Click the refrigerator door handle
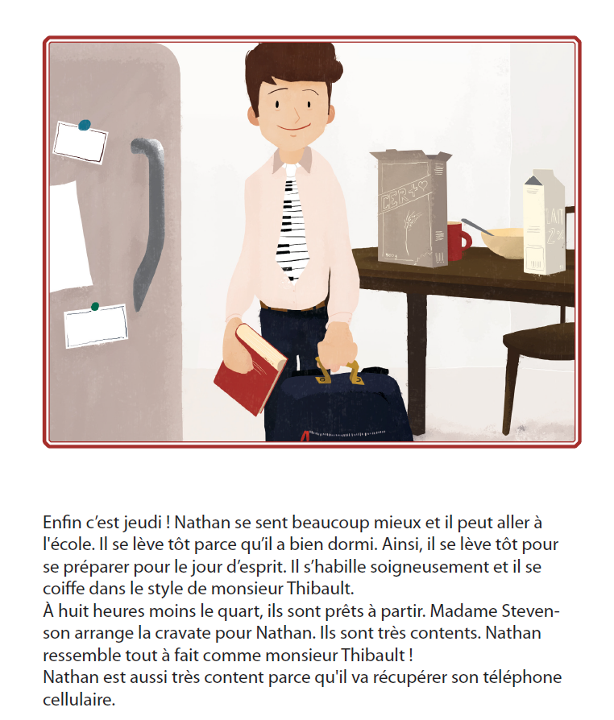(148, 221)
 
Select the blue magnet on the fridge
(85, 125)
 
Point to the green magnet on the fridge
(94, 306)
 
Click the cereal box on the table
(411, 209)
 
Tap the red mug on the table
(458, 241)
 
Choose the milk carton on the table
(544, 223)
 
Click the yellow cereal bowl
(502, 243)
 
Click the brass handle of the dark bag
(338, 372)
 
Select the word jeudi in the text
(139, 523)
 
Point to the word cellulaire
(79, 700)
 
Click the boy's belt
(292, 306)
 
